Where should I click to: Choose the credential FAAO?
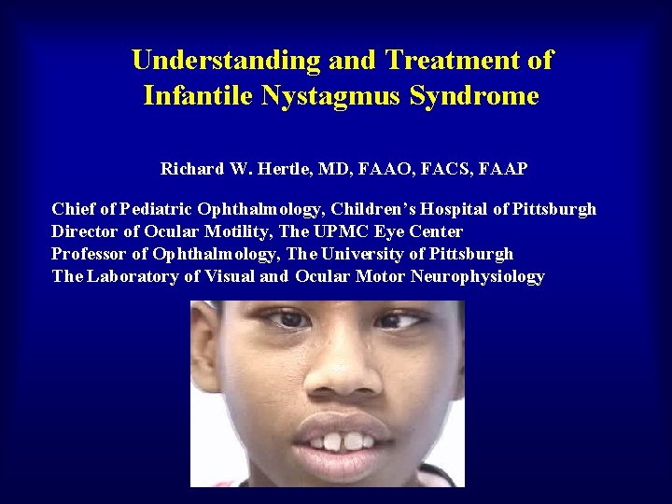pyautogui.click(x=375, y=169)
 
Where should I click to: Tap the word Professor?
pyautogui.click(x=90, y=254)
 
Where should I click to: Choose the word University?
pyautogui.click(x=364, y=254)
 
